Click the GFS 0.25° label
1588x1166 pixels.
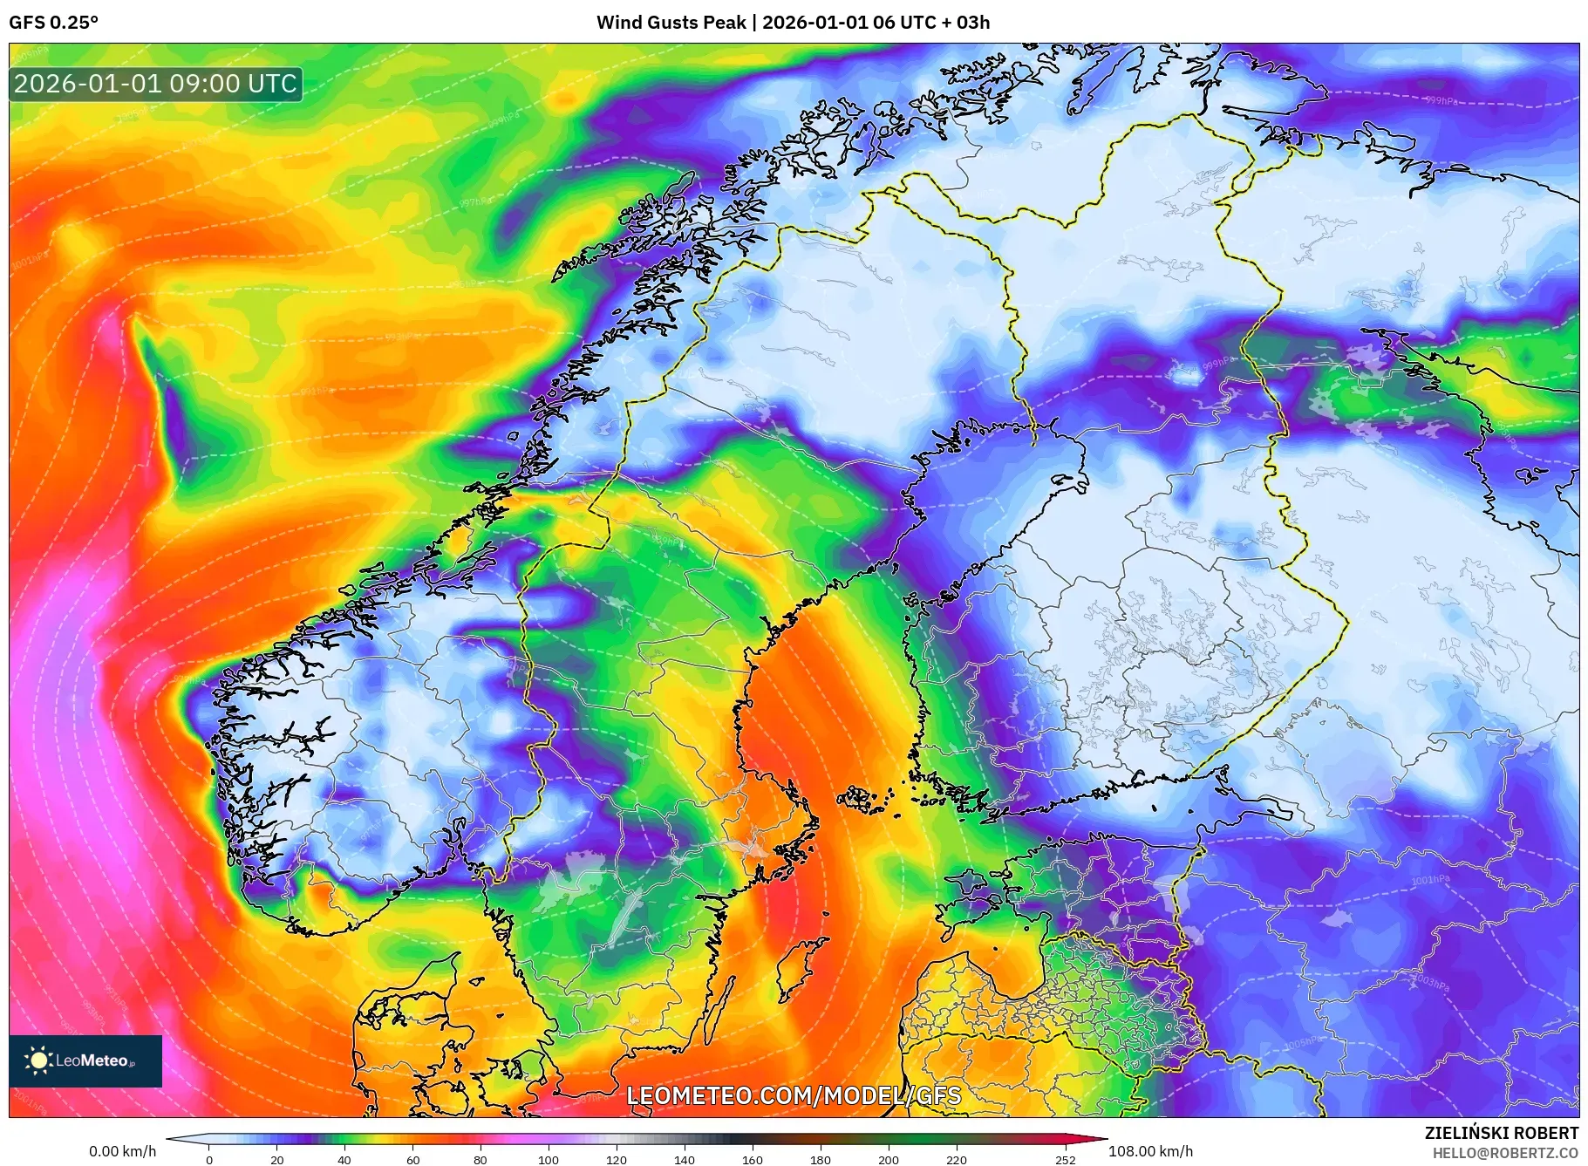53,23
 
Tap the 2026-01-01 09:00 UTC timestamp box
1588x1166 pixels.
156,84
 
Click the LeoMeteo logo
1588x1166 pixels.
85,1060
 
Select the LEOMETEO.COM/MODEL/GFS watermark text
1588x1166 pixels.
794,1095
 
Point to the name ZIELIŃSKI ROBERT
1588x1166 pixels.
1501,1133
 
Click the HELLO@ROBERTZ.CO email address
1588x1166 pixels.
1505,1153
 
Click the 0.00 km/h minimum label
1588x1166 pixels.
122,1151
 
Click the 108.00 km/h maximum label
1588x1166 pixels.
1150,1151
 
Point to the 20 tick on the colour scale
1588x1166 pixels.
277,1160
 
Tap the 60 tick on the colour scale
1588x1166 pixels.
412,1160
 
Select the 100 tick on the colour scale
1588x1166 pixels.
549,1160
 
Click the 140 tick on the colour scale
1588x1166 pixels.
685,1160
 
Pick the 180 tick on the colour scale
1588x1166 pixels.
821,1160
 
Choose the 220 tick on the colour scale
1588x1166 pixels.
957,1160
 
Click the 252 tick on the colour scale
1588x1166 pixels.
1065,1160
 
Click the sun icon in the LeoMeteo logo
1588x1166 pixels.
39,1060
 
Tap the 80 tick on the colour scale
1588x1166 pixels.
480,1160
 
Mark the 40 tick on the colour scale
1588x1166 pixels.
344,1160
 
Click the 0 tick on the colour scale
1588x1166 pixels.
209,1160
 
